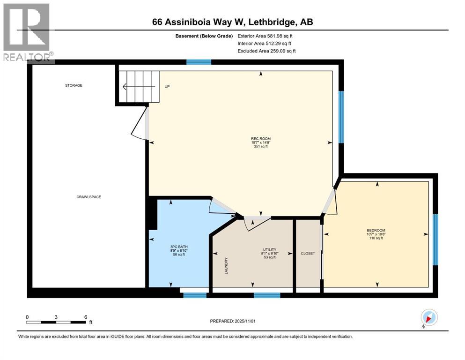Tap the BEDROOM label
point(376,230)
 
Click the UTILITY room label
point(269,249)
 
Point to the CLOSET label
point(308,254)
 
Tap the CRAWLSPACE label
point(89,197)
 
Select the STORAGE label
point(74,85)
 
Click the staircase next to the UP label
point(138,86)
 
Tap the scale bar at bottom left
point(56,322)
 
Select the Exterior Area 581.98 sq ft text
point(267,36)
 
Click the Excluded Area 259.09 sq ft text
point(266,51)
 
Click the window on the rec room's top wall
point(199,62)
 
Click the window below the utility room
point(267,295)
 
